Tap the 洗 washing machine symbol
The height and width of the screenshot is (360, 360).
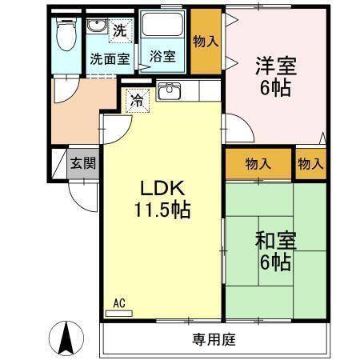click(x=118, y=32)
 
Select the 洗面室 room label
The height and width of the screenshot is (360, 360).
click(x=110, y=58)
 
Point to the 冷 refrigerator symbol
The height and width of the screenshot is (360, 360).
click(x=137, y=102)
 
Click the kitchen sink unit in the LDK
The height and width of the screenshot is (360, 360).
click(x=170, y=91)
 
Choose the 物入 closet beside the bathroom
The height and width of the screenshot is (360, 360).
click(x=207, y=40)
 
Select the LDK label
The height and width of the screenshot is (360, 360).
click(x=163, y=189)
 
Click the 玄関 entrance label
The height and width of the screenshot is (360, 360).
click(x=82, y=164)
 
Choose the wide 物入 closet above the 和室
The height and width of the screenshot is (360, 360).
click(x=258, y=164)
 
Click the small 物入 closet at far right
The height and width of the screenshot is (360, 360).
click(x=310, y=164)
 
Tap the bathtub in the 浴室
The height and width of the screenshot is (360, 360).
click(x=163, y=32)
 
